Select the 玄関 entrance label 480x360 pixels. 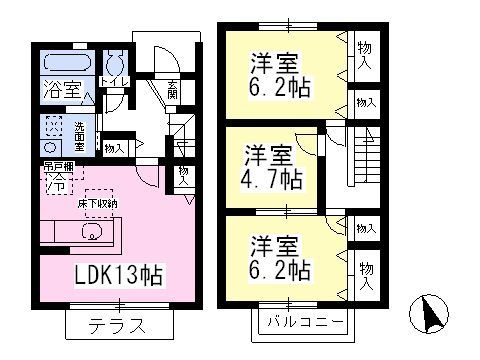[173, 89]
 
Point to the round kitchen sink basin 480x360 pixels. [88, 236]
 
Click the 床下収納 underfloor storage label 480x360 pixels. [97, 203]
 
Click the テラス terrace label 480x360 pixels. [117, 325]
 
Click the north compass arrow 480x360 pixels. [434, 317]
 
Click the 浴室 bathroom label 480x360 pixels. [60, 88]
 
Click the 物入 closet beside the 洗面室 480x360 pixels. [114, 148]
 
